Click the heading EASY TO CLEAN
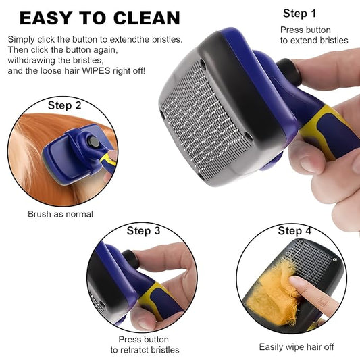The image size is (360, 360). (99, 18)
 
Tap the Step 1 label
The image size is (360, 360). (299, 14)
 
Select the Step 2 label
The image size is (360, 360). (65, 105)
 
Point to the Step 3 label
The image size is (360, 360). (143, 231)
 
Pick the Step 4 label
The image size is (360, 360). (295, 231)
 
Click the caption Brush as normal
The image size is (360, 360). (60, 214)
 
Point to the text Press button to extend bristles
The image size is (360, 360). (314, 35)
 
